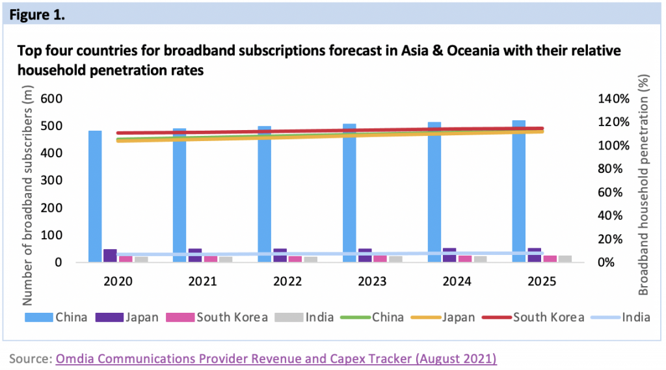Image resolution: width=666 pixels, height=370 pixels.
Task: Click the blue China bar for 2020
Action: point(95,195)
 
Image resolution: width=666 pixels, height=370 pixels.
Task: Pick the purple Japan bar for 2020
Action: point(110,255)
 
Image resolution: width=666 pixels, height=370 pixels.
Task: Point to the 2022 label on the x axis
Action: point(287,281)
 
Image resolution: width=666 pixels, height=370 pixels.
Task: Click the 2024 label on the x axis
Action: point(456,281)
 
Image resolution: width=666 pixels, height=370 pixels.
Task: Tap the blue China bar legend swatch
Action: point(39,317)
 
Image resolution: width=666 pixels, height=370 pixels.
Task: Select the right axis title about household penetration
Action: point(643,196)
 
